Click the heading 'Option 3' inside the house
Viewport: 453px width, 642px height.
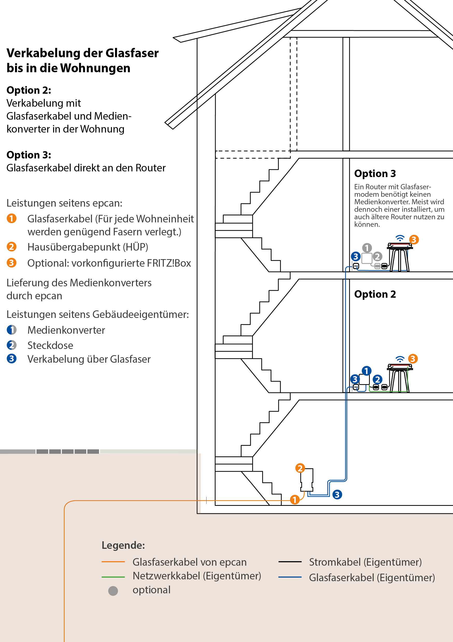pos(375,174)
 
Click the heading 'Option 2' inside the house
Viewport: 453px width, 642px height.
pos(375,294)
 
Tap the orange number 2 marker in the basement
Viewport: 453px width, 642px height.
pos(300,468)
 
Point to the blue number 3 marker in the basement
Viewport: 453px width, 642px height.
pos(337,494)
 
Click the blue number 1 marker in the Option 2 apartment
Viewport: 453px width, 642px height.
pos(366,371)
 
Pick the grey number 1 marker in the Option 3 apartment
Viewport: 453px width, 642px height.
pos(367,248)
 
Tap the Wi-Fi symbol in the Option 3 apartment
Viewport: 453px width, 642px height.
pos(400,238)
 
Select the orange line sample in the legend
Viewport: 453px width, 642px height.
pos(113,562)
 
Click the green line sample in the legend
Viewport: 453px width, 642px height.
pos(113,577)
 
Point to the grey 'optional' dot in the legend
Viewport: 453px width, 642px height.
pos(113,591)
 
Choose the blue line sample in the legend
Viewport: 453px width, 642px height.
pos(290,577)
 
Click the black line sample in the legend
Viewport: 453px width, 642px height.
pos(290,562)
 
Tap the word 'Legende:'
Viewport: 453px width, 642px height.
pos(123,545)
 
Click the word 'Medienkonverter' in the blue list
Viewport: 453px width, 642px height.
pos(66,330)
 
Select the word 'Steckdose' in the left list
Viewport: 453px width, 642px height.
pos(50,345)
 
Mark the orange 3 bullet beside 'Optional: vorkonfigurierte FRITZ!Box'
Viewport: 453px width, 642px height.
pos(11,263)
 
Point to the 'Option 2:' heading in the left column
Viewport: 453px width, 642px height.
pos(29,90)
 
